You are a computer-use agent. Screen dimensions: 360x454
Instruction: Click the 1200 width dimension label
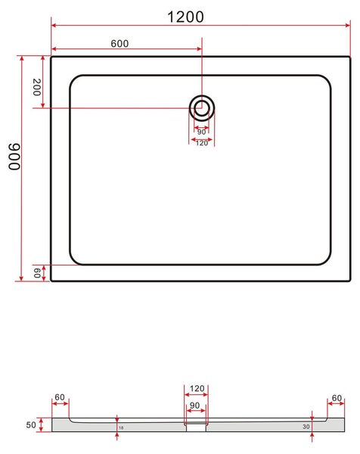[x=185, y=17]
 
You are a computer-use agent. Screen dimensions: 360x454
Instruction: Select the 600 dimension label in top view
[x=119, y=43]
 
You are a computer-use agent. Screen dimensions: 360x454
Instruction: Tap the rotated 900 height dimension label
[x=14, y=157]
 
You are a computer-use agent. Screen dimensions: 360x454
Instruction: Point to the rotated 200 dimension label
[x=37, y=87]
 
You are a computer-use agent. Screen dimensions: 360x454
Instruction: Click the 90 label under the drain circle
[x=201, y=132]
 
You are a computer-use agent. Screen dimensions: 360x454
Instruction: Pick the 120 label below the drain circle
[x=202, y=143]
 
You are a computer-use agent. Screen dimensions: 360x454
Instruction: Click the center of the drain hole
[x=202, y=108]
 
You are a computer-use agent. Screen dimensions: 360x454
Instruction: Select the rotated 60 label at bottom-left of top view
[x=37, y=272]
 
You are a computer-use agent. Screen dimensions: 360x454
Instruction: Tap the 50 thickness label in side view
[x=31, y=424]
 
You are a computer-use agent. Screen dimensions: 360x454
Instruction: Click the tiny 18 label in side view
[x=121, y=428]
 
